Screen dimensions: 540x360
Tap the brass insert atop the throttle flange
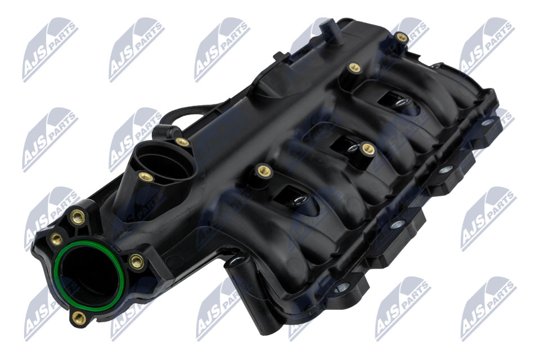(77, 217)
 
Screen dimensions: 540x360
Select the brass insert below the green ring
(79, 318)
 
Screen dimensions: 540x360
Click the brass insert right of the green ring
(137, 261)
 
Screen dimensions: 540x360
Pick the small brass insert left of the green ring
(56, 238)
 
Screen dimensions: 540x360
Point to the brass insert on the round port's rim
(146, 177)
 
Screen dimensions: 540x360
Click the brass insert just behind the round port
(182, 142)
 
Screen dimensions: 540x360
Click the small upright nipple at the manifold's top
(329, 31)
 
